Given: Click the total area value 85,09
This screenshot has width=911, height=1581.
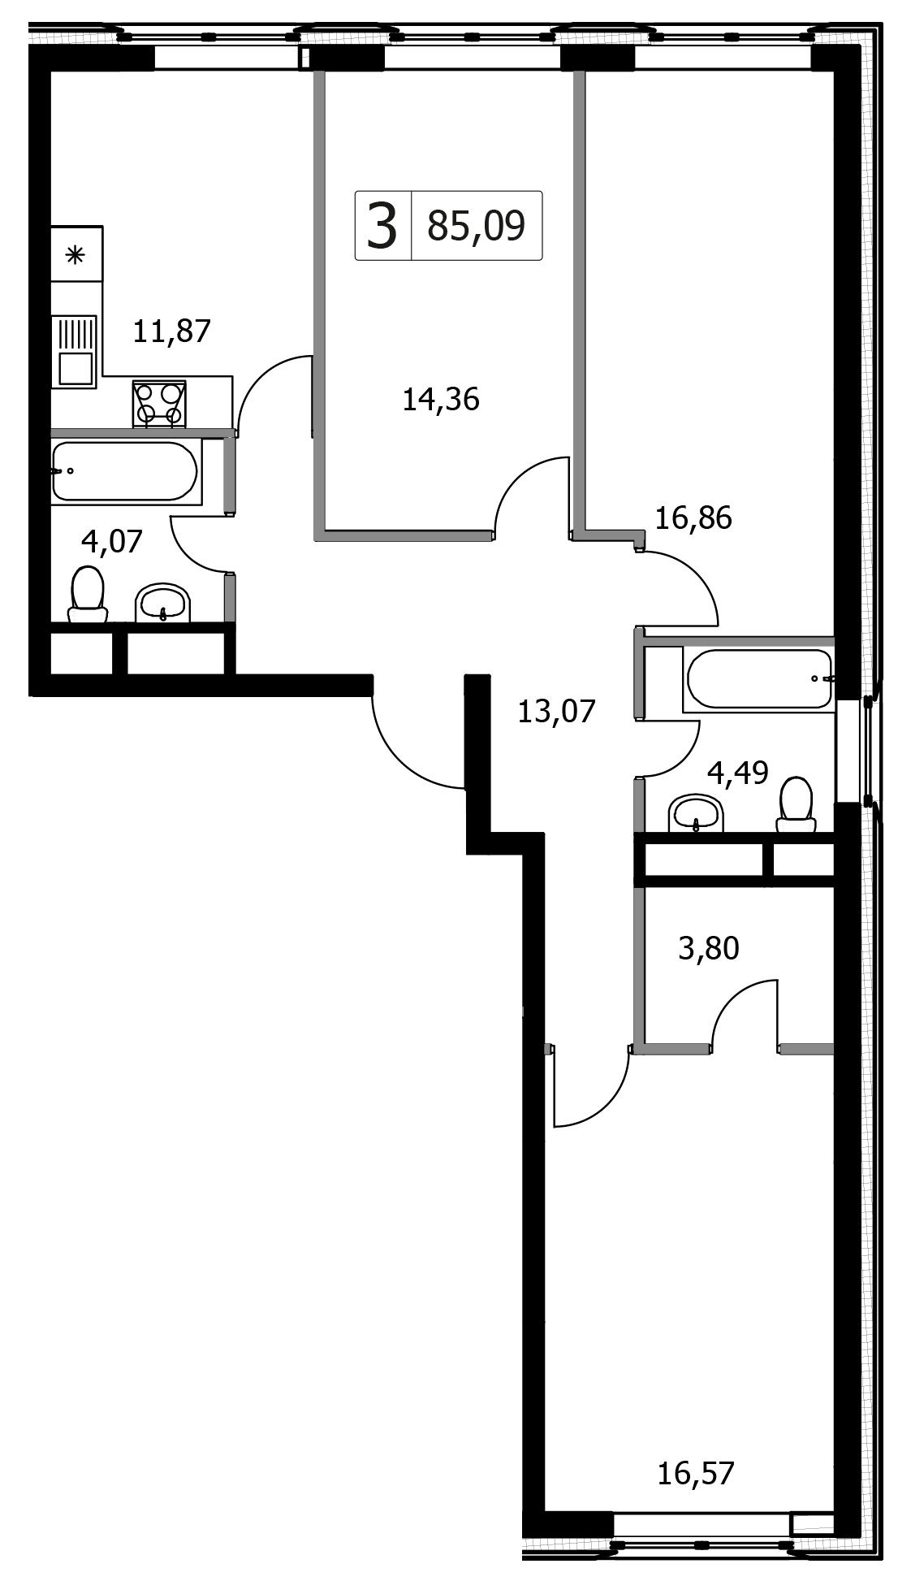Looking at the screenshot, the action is point(477,226).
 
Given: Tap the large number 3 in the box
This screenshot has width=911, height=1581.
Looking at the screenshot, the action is point(382,226).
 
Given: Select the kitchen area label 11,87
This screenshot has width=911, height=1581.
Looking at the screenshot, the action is point(171,331).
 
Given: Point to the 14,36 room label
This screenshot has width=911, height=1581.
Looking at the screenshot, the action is point(441,399).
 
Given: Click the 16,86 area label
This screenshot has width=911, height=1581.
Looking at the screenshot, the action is point(693,518).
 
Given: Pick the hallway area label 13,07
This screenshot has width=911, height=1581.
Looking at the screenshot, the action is point(556,712).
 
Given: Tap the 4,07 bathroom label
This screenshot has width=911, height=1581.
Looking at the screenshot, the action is point(112,540).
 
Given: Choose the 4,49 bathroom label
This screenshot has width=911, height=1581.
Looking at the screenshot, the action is point(738,773).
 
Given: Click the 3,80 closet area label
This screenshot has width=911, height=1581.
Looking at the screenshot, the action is point(709,948).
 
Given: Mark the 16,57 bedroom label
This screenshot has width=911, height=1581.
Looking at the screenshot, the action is point(696,1473).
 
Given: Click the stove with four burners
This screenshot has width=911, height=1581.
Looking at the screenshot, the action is point(159,404).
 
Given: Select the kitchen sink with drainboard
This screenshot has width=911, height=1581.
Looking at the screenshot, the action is point(74,352).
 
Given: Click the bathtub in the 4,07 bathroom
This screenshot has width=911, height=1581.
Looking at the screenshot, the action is point(125,471).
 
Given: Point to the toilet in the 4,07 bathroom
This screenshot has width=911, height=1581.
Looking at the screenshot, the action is point(88,594).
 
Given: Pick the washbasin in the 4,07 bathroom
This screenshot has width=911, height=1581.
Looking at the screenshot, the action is point(163,603).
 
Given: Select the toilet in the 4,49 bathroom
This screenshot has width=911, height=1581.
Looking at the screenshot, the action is point(796,805).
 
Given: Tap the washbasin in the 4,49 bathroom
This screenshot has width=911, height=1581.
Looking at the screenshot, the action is point(695,813).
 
